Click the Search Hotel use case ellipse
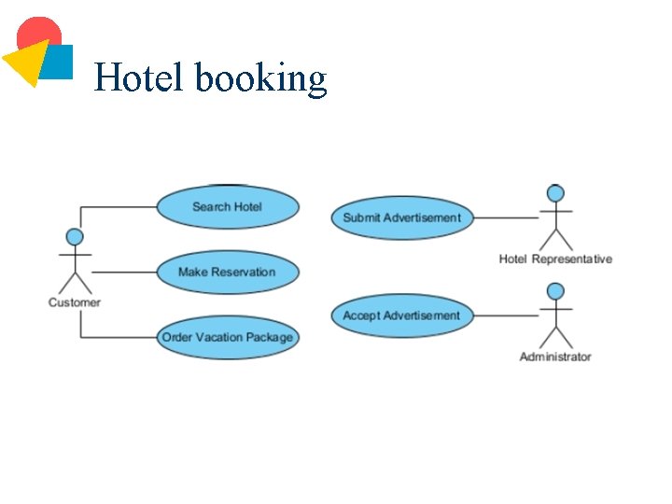(x=227, y=207)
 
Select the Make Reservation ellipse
(x=227, y=273)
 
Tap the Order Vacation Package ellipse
(x=227, y=338)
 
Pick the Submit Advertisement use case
(x=401, y=217)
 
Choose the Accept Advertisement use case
(x=401, y=315)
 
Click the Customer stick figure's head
(x=75, y=237)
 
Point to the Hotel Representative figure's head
(x=555, y=194)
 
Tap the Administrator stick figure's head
(x=555, y=291)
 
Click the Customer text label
(x=75, y=302)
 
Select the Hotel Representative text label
(x=555, y=259)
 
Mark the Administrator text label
(x=555, y=357)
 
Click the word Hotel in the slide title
(x=140, y=77)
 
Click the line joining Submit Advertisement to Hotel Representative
(x=506, y=218)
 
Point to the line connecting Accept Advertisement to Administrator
(x=506, y=316)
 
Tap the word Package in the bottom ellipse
(x=270, y=338)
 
